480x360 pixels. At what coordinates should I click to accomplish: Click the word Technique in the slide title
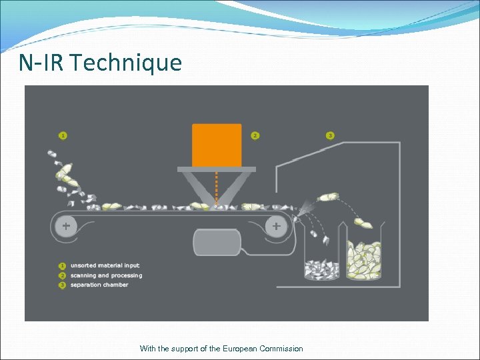(125, 63)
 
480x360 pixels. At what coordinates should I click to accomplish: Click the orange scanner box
(217, 145)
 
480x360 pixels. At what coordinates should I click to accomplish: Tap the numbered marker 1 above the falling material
(63, 135)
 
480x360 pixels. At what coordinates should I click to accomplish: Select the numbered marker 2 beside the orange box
(255, 135)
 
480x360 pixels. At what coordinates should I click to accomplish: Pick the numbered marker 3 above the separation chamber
(330, 135)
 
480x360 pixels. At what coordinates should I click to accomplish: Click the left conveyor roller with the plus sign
(66, 227)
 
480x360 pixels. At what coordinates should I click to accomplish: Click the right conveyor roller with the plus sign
(276, 227)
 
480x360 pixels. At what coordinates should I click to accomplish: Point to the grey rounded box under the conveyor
(216, 242)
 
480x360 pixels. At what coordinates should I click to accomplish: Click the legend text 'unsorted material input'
(105, 266)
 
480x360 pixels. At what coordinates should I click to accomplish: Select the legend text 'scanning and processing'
(106, 275)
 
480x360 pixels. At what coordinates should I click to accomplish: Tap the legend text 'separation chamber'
(99, 285)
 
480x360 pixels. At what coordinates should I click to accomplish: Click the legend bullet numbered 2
(63, 275)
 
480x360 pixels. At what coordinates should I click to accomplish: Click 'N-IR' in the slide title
(41, 63)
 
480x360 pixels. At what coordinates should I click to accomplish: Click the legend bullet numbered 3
(63, 285)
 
